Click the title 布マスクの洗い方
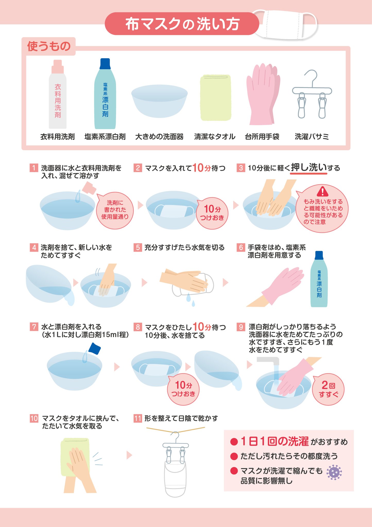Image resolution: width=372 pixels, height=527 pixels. click(182, 24)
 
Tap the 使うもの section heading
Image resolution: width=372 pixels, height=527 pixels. click(49, 46)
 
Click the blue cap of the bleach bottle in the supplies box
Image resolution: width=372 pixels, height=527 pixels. click(105, 64)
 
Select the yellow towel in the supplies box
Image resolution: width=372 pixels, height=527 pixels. click(215, 98)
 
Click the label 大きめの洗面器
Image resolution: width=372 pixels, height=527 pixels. click(159, 137)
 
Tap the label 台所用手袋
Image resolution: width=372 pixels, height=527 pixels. click(262, 137)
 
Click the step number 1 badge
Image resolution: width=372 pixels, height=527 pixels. click(34, 168)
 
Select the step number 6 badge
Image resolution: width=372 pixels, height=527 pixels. click(241, 247)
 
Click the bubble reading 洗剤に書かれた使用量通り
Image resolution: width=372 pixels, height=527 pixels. click(115, 210)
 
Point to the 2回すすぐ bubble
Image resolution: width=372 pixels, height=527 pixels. click(328, 389)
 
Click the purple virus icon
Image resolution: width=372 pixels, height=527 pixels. click(334, 472)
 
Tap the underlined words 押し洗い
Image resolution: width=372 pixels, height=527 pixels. click(309, 168)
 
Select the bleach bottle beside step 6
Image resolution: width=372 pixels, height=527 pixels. click(319, 279)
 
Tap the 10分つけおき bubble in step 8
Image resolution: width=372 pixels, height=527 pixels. click(183, 389)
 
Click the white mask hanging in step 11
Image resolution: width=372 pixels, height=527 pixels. click(175, 478)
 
